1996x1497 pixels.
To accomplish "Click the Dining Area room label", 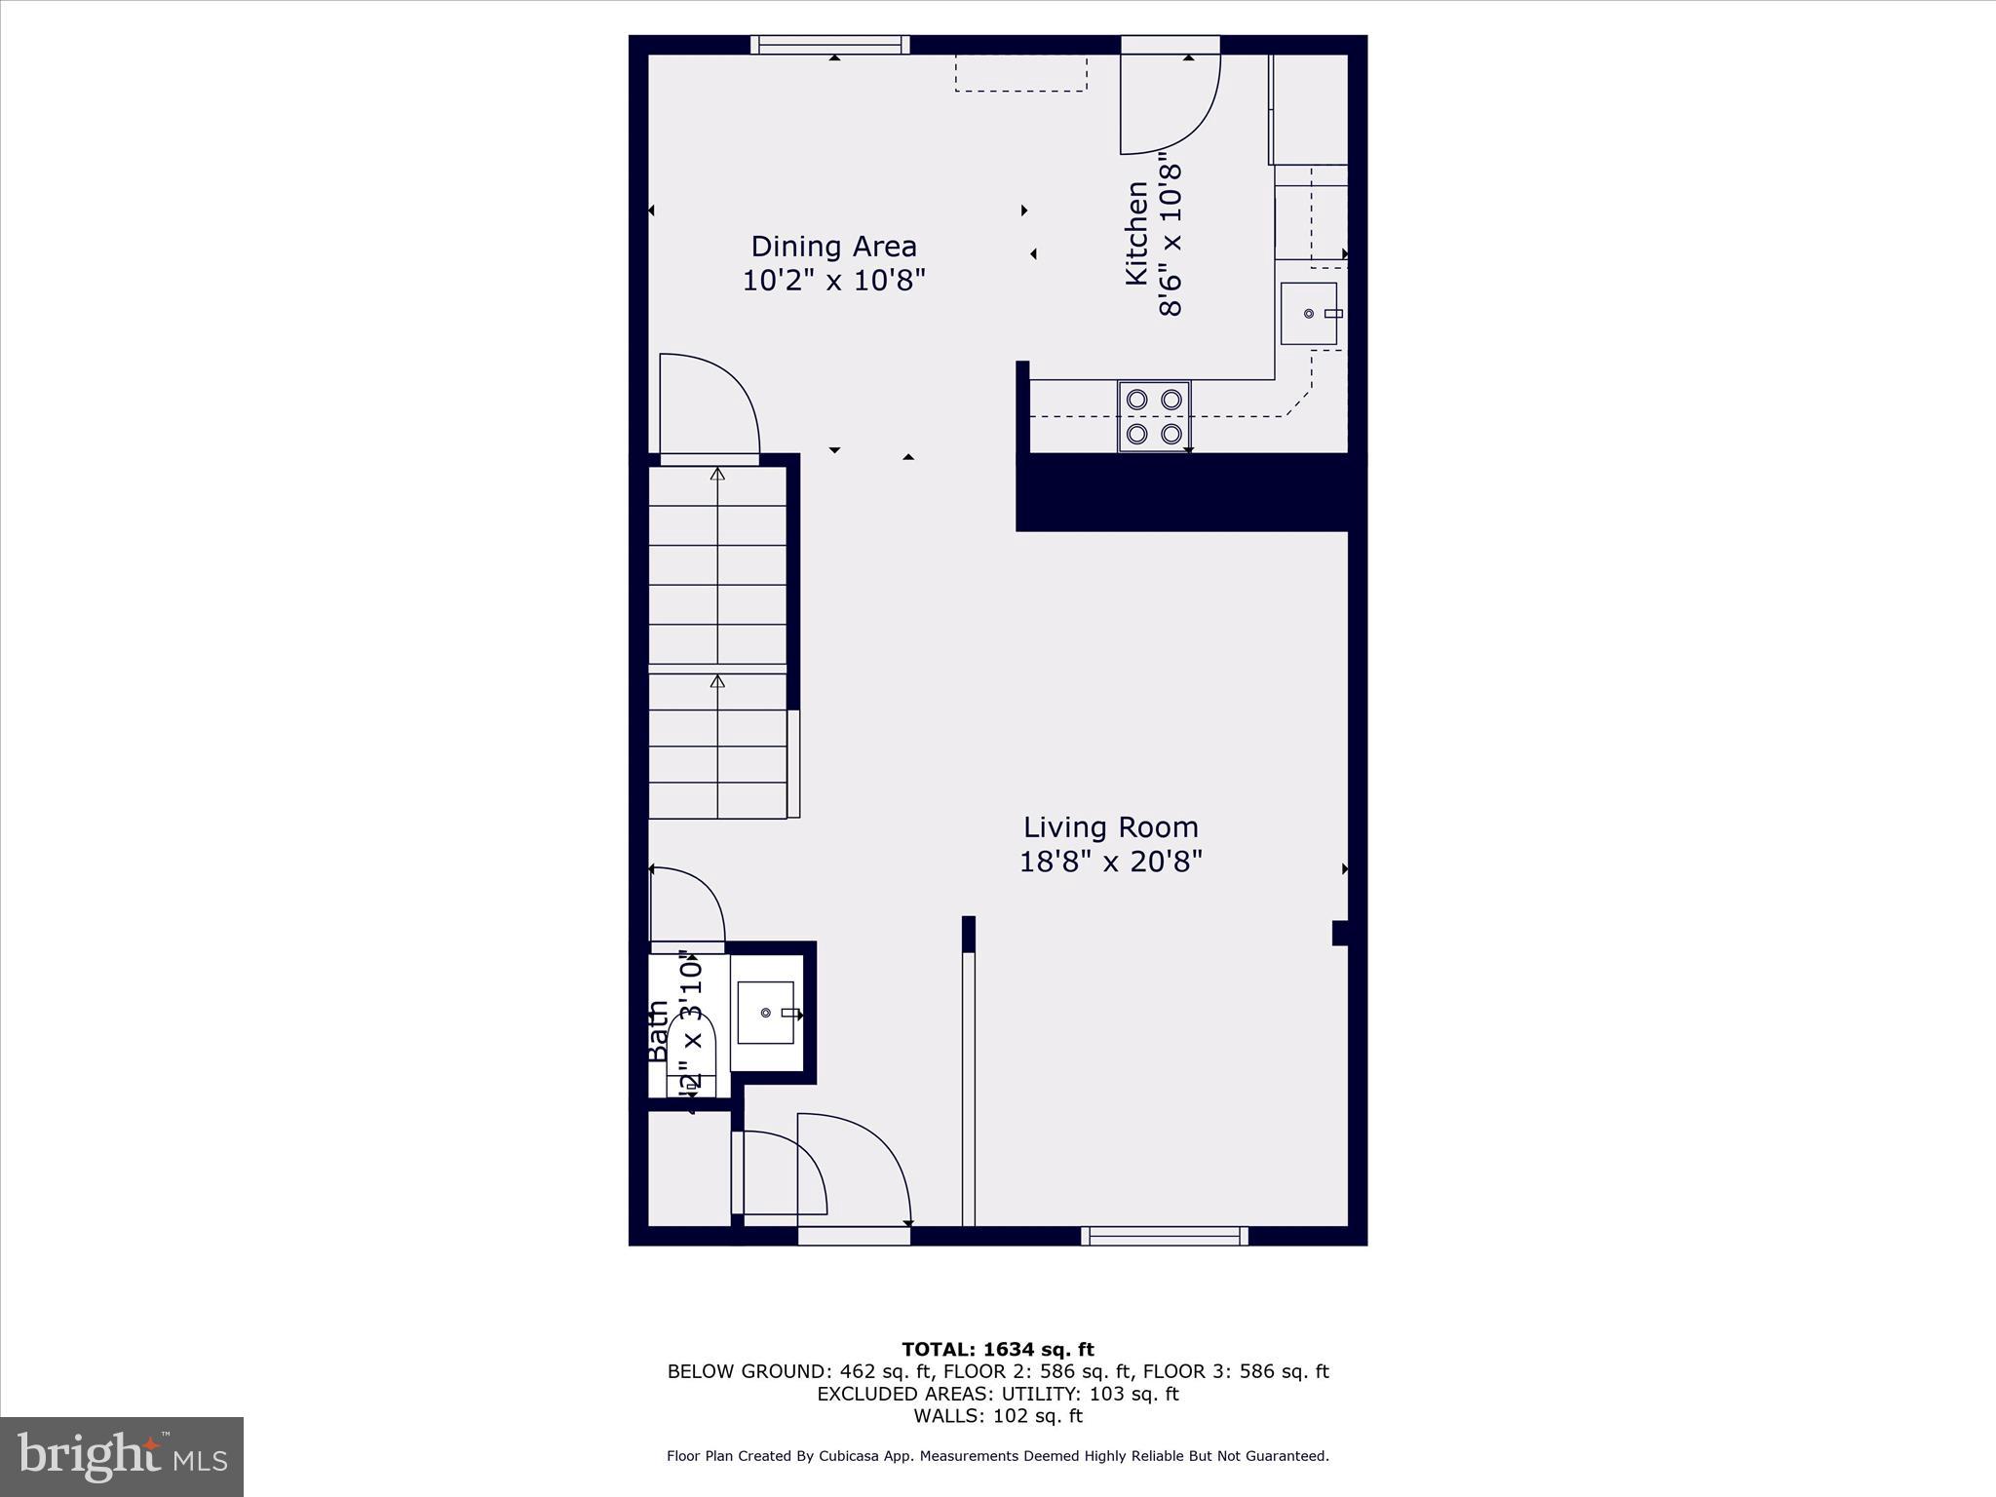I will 833,246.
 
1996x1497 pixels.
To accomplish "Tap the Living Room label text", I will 1110,827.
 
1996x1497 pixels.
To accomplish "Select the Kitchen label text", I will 1136,233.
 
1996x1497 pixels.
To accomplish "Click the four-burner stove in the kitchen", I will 1154,416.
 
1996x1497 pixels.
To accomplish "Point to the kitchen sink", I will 1309,313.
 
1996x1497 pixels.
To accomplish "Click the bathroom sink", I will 767,1013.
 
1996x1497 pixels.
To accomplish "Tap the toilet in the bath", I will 692,1053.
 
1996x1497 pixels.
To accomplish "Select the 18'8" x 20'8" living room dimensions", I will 1110,862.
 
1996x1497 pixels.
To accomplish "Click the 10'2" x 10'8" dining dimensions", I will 833,281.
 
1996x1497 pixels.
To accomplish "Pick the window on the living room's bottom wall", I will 1165,1236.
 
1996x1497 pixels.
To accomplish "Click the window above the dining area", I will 830,45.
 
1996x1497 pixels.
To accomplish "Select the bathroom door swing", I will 687,903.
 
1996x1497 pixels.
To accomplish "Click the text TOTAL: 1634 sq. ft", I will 997,1350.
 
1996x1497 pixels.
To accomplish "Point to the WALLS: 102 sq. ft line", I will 997,1416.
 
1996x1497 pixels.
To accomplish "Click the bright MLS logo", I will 122,1457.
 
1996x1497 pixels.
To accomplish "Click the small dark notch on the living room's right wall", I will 1340,933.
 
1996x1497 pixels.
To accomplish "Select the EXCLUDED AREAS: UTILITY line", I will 997,1394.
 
